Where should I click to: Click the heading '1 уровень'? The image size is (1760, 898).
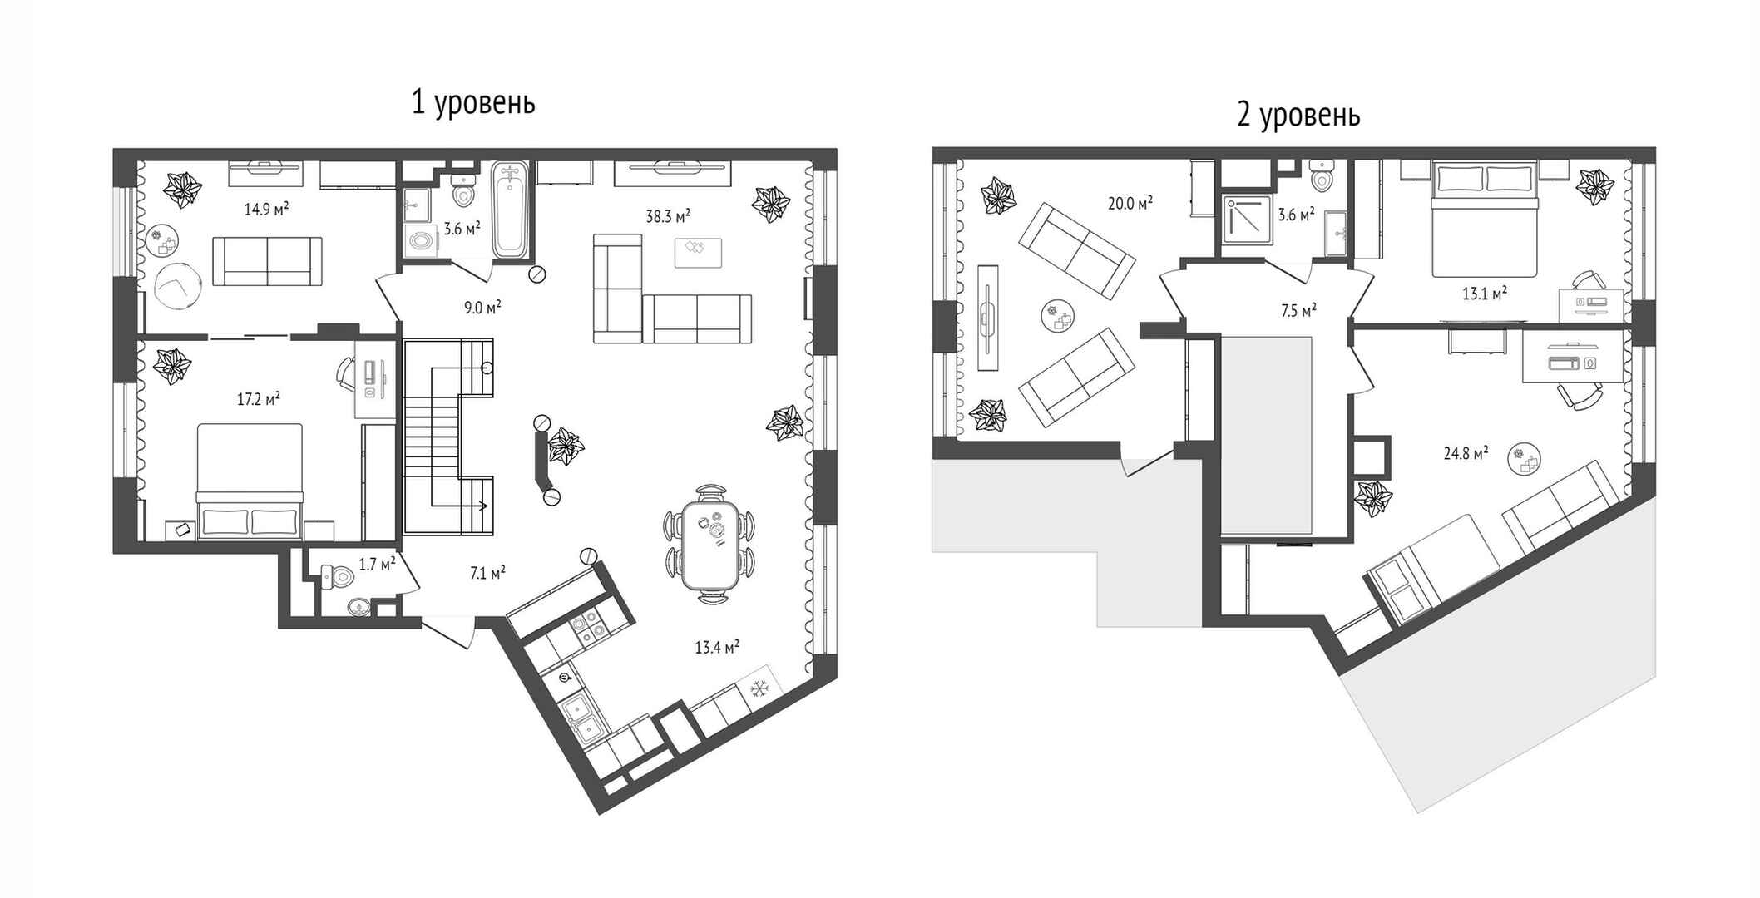pos(473,103)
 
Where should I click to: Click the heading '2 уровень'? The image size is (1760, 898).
pos(1298,115)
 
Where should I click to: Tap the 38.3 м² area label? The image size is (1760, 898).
pos(668,216)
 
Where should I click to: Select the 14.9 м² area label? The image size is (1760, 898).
pos(266,209)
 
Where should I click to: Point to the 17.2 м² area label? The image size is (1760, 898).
pos(258,399)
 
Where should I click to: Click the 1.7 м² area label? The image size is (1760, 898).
pos(377,565)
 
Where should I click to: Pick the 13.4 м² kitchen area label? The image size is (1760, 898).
pos(717,647)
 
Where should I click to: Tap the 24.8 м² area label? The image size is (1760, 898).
pos(1466,453)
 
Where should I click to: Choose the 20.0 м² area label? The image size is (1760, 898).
pos(1130,203)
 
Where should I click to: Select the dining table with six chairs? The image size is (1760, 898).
pos(709,544)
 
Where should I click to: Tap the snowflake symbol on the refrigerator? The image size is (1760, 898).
pos(758,688)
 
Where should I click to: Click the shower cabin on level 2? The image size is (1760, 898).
pos(1247,220)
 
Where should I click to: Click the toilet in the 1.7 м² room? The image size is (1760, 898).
pos(337,575)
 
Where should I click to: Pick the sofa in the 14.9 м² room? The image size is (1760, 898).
pos(267,260)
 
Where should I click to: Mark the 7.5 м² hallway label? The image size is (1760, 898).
pos(1298,311)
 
